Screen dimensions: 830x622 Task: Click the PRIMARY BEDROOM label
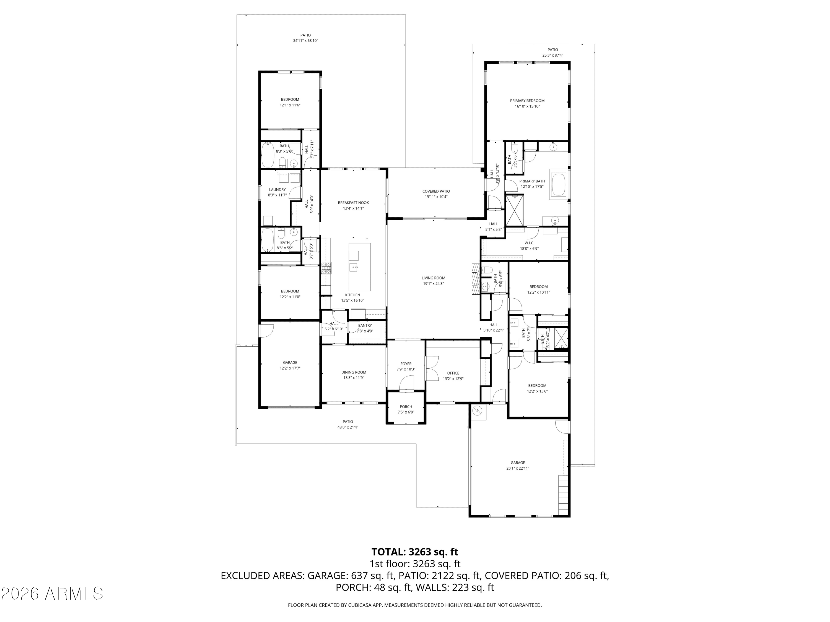coord(527,100)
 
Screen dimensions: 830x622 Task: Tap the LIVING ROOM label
coord(433,278)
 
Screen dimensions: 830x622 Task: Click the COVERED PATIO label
coord(436,192)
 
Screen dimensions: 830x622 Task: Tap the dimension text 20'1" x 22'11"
coord(518,468)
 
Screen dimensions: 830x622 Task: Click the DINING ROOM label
coord(354,372)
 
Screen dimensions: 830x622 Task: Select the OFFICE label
coord(453,373)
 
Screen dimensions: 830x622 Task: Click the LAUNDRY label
coord(277,190)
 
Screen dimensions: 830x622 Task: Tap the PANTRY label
coord(365,325)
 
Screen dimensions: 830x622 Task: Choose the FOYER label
coord(406,364)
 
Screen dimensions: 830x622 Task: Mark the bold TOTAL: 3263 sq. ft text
coord(415,552)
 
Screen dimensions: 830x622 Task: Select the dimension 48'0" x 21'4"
coord(348,427)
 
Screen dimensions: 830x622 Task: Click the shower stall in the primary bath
coord(515,210)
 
